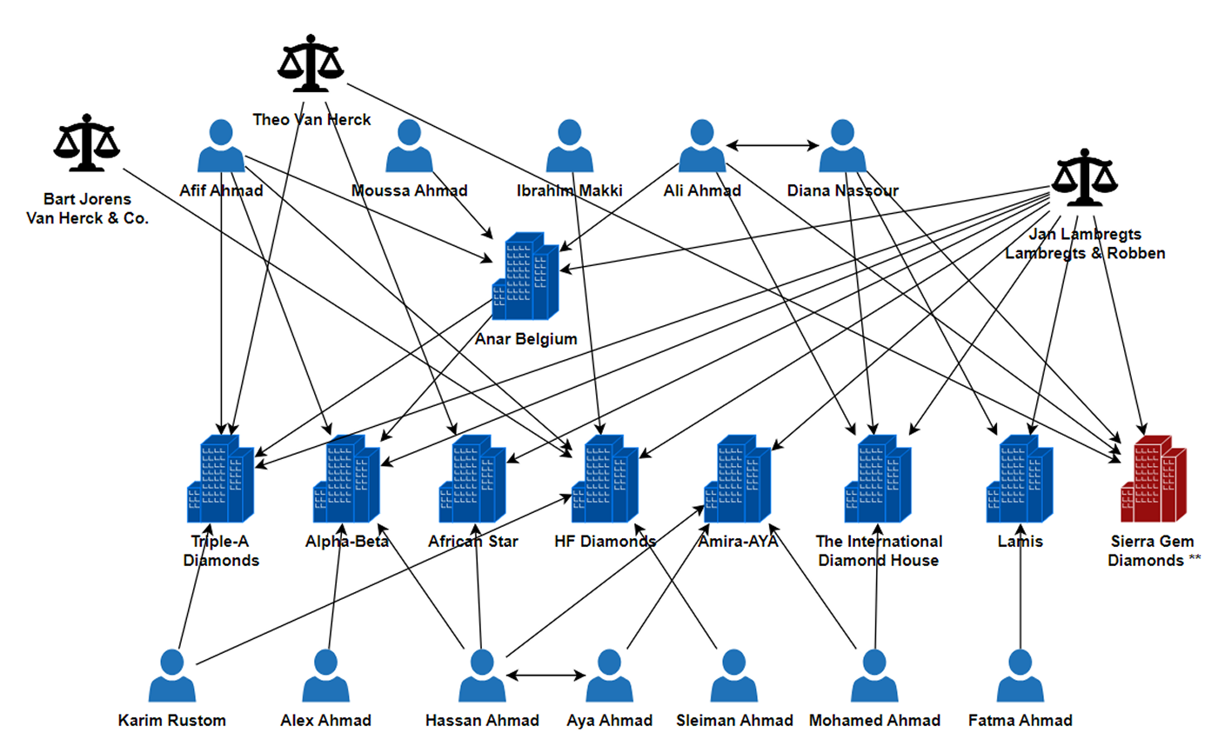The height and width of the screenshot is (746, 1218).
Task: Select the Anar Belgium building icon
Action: coord(525,276)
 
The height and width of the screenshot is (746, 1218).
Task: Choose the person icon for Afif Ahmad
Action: coord(220,146)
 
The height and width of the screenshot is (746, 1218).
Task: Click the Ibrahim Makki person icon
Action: coord(569,146)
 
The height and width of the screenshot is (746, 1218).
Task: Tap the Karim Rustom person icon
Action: coord(172,676)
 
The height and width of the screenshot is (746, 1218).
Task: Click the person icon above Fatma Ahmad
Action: coord(1020,676)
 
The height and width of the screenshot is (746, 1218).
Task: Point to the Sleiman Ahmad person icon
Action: coord(734,676)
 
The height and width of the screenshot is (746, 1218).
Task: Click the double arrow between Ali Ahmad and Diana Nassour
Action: coord(773,146)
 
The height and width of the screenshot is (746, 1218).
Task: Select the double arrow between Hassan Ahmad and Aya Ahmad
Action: coord(545,674)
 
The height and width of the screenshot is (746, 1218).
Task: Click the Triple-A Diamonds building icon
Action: coord(220,478)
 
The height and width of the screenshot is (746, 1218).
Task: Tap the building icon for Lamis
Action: coord(1020,478)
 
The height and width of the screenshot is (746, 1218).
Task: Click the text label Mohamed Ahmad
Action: coord(874,720)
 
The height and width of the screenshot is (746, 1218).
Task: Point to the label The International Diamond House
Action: coord(879,551)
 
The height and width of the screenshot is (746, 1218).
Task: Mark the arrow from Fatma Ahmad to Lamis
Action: coord(1020,600)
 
